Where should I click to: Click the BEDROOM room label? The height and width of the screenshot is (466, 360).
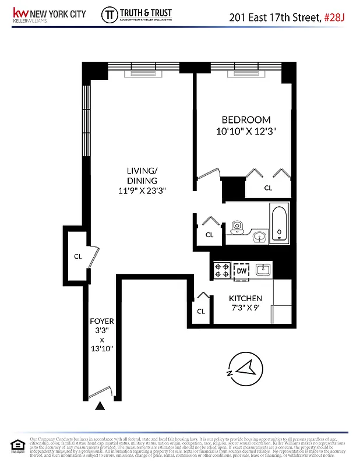pyautogui.click(x=245, y=120)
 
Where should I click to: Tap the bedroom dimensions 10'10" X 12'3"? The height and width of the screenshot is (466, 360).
pyautogui.click(x=245, y=132)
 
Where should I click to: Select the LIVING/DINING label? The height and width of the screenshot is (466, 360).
pyautogui.click(x=142, y=175)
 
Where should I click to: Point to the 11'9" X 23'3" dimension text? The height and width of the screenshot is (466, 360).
pyautogui.click(x=142, y=190)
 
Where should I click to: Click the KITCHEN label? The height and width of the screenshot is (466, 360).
pyautogui.click(x=245, y=298)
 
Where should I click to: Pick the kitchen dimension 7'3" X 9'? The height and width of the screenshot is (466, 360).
pyautogui.click(x=245, y=309)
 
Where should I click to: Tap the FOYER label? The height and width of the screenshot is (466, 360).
pyautogui.click(x=101, y=322)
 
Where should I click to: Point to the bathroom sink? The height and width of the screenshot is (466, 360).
pyautogui.click(x=260, y=236)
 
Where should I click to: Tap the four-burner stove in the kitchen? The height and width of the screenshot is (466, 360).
pyautogui.click(x=223, y=270)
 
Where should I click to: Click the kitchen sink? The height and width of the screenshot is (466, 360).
pyautogui.click(x=263, y=269)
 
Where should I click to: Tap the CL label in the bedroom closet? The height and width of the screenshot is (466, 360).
pyautogui.click(x=269, y=188)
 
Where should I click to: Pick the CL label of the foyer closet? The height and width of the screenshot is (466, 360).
pyautogui.click(x=77, y=256)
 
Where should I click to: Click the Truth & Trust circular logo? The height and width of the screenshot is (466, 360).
pyautogui.click(x=109, y=15)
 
